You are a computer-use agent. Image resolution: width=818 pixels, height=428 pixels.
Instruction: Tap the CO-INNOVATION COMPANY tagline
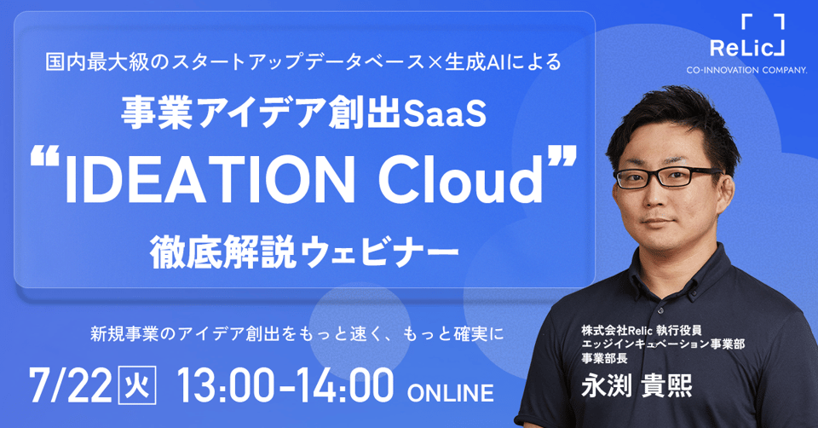tap(747, 70)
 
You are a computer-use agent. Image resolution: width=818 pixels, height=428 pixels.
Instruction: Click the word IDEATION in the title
tap(210, 180)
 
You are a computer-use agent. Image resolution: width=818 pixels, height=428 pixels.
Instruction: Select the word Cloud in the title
tap(461, 179)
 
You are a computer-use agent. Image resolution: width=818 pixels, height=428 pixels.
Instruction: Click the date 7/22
tap(71, 385)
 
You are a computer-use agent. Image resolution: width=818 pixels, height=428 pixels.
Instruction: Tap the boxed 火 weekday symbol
tap(138, 386)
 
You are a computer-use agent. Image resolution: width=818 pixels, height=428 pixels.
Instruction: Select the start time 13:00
tap(226, 385)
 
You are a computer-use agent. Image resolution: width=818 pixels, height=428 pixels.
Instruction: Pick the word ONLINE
tap(450, 393)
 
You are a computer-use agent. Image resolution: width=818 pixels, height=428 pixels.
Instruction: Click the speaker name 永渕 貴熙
tap(637, 386)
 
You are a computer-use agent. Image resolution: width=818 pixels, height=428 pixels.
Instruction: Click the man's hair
tap(673, 123)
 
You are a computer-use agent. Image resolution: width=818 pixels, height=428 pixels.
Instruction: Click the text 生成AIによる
tap(503, 61)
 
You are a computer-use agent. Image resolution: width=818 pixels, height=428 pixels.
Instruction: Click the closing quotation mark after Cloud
tap(563, 157)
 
